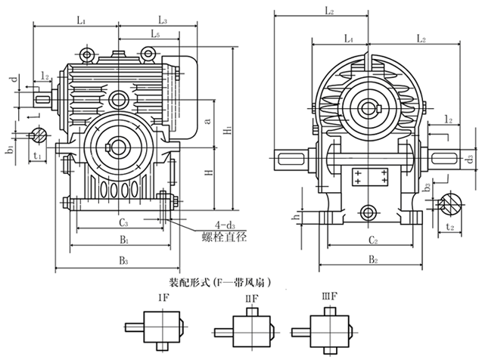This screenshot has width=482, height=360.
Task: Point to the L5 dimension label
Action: (x=155, y=34)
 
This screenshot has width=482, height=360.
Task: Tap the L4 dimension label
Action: (x=348, y=37)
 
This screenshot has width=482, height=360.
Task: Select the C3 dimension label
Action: (x=123, y=223)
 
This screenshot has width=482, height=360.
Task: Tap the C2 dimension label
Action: (x=368, y=241)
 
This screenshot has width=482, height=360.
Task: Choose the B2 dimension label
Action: (x=372, y=261)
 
